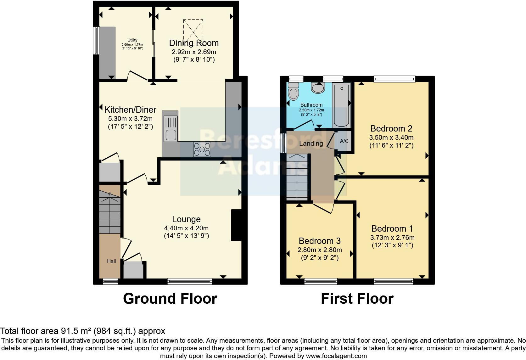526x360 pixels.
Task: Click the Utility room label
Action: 132,40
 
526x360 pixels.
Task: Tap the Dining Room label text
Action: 194,43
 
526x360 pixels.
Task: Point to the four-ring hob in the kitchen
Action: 202,149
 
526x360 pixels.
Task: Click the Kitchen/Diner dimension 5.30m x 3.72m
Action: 130,119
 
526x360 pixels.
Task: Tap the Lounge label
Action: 186,219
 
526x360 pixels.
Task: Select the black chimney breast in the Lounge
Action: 236,225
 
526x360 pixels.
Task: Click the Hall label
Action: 111,261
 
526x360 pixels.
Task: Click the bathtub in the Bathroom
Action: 341,105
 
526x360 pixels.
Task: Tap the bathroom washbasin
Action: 318,88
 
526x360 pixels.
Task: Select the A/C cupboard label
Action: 344,141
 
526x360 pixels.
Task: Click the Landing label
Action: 311,144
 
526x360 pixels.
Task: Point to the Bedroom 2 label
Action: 391,128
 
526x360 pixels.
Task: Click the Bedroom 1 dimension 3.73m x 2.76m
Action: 392,238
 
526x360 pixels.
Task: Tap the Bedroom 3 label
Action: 320,241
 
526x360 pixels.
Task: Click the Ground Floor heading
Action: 170,298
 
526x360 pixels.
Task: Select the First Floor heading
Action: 357,298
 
